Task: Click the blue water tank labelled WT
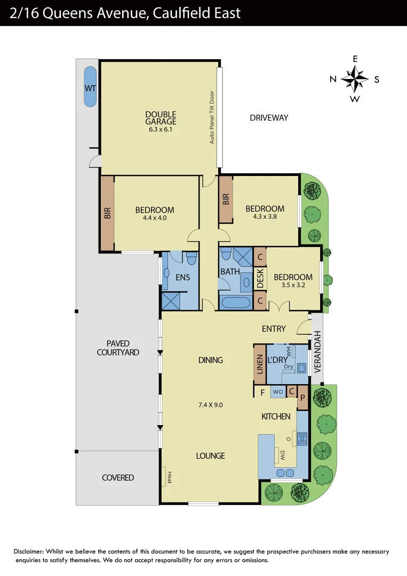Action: [x=90, y=87]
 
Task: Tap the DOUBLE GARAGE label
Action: [x=161, y=118]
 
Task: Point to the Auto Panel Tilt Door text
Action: [x=212, y=116]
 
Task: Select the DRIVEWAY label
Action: [x=269, y=117]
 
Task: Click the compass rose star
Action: [x=355, y=79]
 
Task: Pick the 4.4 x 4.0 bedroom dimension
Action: [x=155, y=218]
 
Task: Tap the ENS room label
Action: [x=183, y=277]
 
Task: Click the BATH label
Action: [x=230, y=272]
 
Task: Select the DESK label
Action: [x=260, y=278]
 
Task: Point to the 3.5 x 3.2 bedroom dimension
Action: [x=293, y=285]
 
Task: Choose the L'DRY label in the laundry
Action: [x=277, y=361]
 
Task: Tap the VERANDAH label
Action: [x=317, y=351]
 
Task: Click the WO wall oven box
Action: [x=278, y=392]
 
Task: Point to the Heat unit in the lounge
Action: [x=170, y=477]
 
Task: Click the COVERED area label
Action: [x=118, y=477]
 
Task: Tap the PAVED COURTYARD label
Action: [x=118, y=348]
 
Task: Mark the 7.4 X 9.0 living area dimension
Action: [x=210, y=405]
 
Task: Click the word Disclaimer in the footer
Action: [x=28, y=551]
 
